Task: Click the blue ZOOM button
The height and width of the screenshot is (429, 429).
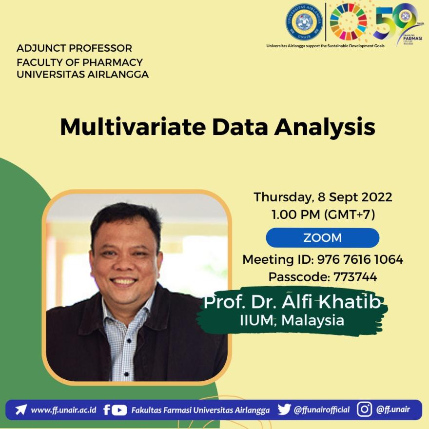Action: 322,237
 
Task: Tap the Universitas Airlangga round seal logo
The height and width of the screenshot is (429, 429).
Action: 304,22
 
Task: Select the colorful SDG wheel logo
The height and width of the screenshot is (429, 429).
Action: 348,21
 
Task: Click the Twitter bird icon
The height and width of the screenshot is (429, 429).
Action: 284,409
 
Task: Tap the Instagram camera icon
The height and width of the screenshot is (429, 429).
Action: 365,409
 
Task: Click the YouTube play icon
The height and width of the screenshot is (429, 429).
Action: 119,410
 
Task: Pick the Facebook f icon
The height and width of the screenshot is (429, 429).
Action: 107,409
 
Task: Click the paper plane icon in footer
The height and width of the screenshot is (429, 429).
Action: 21,409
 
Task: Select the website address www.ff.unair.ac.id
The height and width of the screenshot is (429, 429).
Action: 63,409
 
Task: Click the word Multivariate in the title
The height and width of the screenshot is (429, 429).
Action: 133,127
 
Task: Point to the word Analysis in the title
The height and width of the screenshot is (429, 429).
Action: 325,127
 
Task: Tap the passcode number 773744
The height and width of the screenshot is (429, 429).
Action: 355,277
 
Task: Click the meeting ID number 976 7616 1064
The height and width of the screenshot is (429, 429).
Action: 360,259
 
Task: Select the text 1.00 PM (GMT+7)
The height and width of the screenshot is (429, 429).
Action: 323,214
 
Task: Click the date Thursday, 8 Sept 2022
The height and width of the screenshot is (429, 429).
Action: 323,197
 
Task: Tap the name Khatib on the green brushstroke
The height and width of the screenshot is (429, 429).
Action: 350,302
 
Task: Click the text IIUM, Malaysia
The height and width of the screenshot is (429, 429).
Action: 292,320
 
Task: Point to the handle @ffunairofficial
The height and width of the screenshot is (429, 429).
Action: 321,409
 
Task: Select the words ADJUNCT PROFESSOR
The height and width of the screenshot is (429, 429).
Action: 74,48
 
